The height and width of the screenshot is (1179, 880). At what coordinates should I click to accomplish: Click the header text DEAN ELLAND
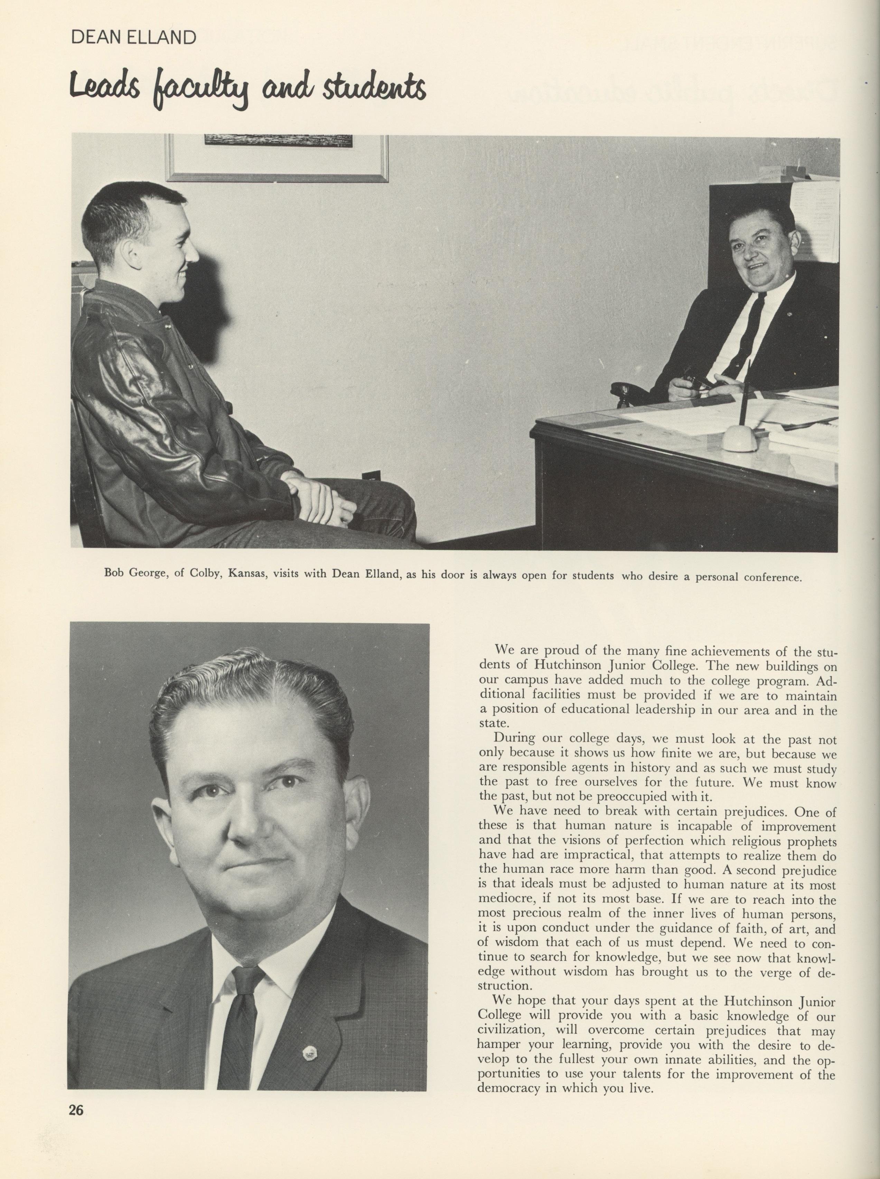(x=133, y=38)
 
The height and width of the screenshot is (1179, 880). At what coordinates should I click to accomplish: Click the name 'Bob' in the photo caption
(x=114, y=576)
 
